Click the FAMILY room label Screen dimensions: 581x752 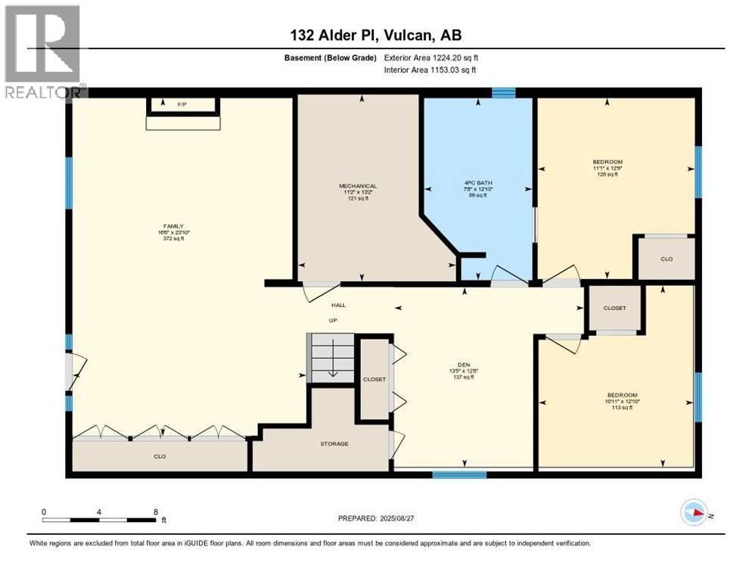click(x=172, y=225)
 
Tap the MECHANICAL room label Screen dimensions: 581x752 click(x=357, y=186)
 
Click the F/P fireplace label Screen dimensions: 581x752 click(x=182, y=104)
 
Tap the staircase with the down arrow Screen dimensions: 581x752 click(x=331, y=359)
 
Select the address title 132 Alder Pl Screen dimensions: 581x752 click(x=375, y=35)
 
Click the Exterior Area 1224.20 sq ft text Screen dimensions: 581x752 click(x=431, y=57)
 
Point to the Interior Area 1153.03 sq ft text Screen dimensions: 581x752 click(x=431, y=70)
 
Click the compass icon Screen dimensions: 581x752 click(x=694, y=513)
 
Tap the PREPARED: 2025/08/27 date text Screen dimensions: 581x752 click(x=375, y=518)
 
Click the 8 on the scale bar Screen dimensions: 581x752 click(x=155, y=512)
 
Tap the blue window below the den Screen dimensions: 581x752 click(x=459, y=474)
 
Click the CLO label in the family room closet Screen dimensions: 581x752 click(x=159, y=456)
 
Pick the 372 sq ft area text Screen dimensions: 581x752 click(x=172, y=238)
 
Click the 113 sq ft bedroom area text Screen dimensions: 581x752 click(x=622, y=407)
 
